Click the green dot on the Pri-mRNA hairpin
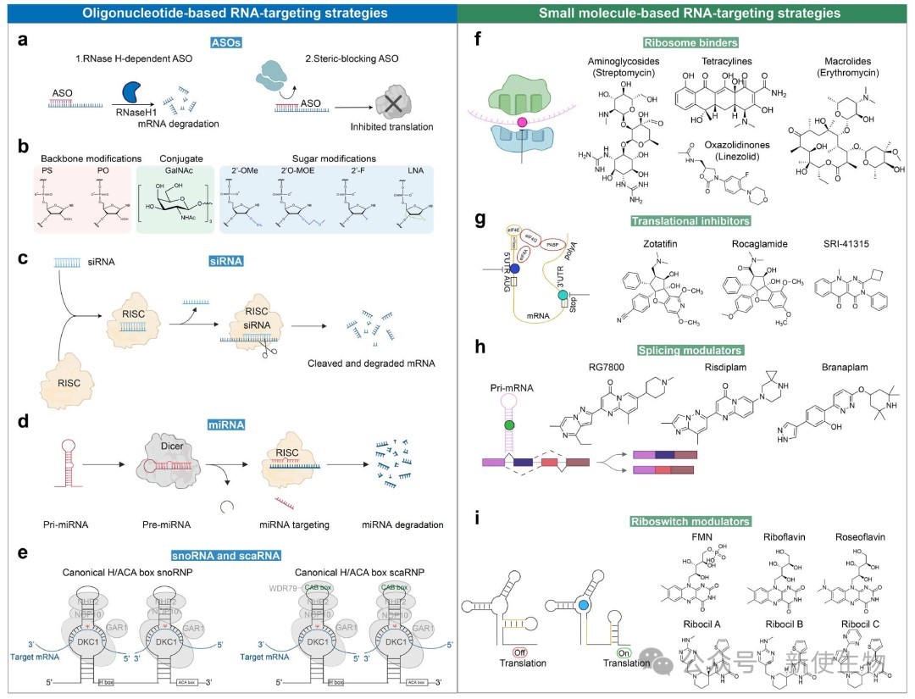[510, 424]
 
